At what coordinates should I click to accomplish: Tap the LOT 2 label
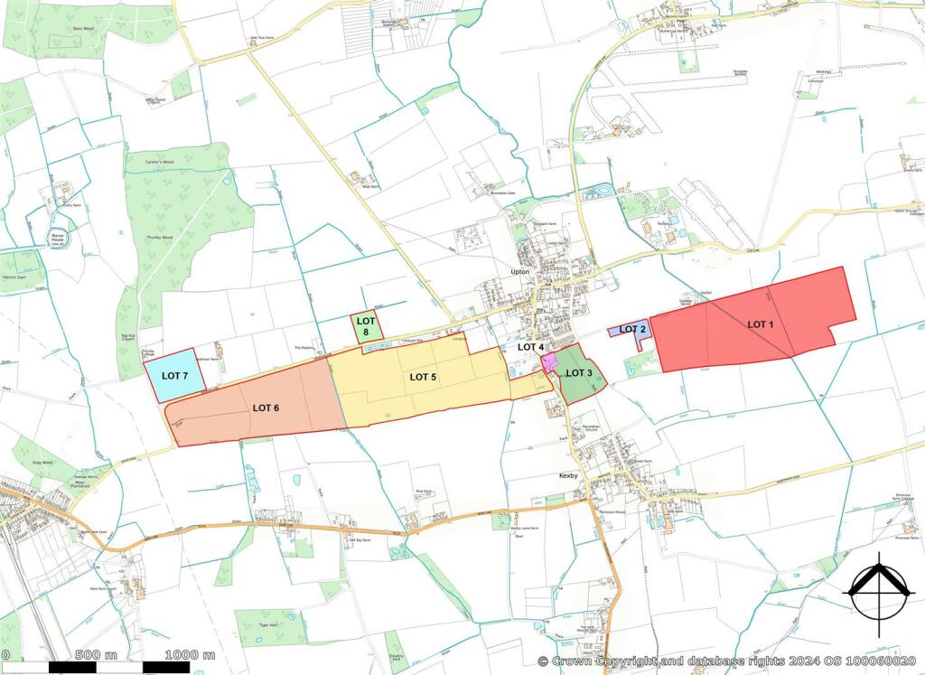pyautogui.click(x=632, y=329)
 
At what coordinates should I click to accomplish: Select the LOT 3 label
pyautogui.click(x=578, y=372)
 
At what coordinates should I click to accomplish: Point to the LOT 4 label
pyautogui.click(x=530, y=347)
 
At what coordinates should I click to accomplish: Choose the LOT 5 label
pyautogui.click(x=423, y=376)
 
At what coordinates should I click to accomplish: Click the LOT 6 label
pyautogui.click(x=266, y=408)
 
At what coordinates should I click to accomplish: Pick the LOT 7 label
pyautogui.click(x=173, y=375)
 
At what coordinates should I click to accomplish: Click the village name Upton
pyautogui.click(x=519, y=271)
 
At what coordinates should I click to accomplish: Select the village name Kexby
pyautogui.click(x=568, y=473)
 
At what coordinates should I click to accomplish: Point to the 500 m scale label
pyautogui.click(x=97, y=654)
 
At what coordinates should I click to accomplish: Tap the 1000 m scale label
pyautogui.click(x=190, y=654)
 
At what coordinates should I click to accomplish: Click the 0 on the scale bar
pyautogui.click(x=5, y=654)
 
